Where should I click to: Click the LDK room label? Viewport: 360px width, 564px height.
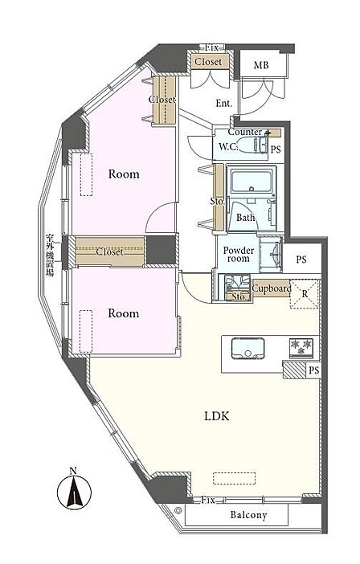[x=216, y=416]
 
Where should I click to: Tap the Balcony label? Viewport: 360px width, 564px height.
[x=248, y=515]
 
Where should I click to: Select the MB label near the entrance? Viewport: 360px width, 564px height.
[x=261, y=65]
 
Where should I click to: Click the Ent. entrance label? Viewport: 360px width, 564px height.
[x=223, y=104]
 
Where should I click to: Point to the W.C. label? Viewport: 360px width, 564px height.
[x=228, y=147]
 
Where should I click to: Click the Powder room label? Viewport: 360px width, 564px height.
[x=239, y=255]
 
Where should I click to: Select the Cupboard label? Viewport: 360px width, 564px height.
[x=272, y=288]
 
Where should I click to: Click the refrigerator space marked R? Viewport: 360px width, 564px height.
[x=305, y=294]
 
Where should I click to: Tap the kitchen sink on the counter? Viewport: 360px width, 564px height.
[x=247, y=348]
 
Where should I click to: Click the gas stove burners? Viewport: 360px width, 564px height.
[x=301, y=347]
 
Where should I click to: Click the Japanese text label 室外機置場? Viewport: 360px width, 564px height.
[x=50, y=255]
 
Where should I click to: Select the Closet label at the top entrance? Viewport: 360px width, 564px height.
[x=208, y=62]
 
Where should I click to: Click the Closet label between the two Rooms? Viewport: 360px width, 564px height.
[x=109, y=252]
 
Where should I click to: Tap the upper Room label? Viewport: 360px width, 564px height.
[x=124, y=174]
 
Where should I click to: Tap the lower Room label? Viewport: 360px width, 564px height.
[x=124, y=313]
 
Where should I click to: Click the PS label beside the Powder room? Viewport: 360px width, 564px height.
[x=301, y=259]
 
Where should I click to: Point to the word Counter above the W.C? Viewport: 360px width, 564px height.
[x=245, y=132]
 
